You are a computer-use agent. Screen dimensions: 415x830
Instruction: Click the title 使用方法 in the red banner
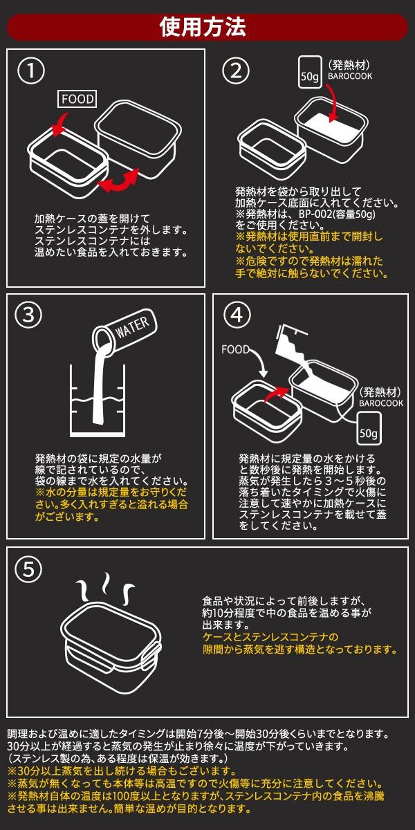tap(203, 27)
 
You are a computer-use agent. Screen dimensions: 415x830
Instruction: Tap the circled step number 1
tap(31, 71)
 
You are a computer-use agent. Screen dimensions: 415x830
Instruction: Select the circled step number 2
tap(236, 71)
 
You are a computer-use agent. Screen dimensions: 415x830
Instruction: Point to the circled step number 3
tap(28, 315)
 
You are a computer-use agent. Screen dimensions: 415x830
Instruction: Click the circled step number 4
tap(237, 315)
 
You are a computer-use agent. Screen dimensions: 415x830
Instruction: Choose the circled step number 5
tap(28, 569)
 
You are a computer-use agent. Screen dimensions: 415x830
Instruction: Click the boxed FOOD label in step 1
tap(77, 99)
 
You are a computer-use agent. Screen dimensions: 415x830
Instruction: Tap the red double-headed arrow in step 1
tap(118, 181)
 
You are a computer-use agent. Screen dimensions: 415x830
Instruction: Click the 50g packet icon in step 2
tap(310, 72)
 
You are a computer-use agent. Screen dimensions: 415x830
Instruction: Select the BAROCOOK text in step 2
tap(350, 76)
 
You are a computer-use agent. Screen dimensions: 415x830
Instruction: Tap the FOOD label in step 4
tap(235, 349)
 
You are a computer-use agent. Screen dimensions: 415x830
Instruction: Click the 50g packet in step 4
tap(369, 429)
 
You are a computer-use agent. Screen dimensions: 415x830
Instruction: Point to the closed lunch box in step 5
tap(111, 647)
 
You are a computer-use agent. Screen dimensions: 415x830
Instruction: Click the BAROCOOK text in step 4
tap(380, 403)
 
